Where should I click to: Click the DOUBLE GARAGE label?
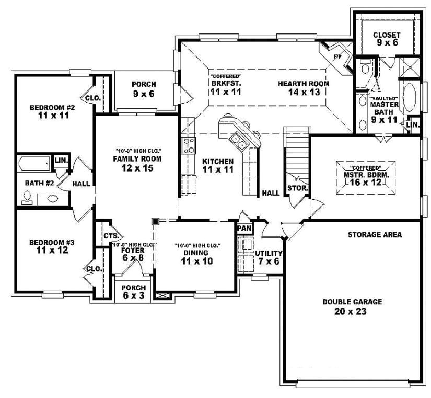(x=352, y=302)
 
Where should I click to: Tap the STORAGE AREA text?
(x=375, y=235)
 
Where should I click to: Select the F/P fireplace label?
(x=337, y=57)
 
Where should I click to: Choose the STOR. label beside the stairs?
(x=297, y=188)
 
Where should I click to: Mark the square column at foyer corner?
(x=155, y=222)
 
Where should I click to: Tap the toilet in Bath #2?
(x=27, y=197)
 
